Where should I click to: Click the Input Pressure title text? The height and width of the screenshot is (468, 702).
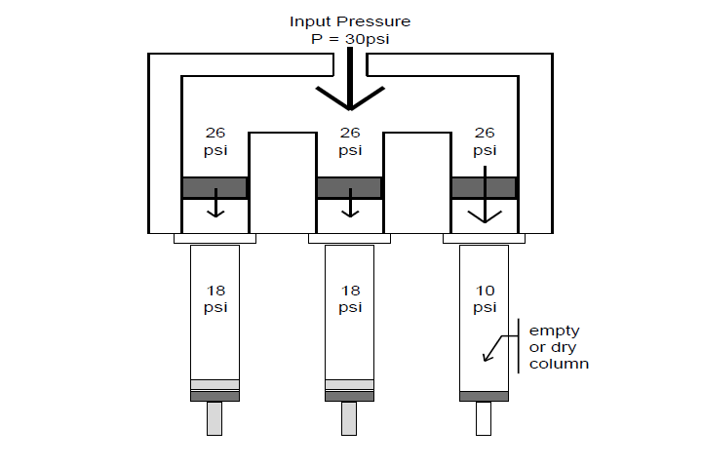(350, 20)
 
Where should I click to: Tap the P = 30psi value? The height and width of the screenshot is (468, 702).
(350, 38)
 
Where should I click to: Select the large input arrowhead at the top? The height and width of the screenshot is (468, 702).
(349, 98)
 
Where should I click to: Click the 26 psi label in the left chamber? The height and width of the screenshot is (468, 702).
(215, 141)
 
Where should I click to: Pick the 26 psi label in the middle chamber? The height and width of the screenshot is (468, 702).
(350, 141)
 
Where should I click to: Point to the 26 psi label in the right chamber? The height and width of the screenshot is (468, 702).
(485, 141)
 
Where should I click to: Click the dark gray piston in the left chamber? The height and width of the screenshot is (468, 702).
(215, 188)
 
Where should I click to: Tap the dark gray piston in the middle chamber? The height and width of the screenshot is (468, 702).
(349, 188)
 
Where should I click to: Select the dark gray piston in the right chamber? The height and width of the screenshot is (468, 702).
(484, 188)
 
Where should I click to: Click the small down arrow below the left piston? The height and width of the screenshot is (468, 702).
(215, 209)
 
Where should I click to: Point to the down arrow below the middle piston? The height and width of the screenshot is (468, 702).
(349, 209)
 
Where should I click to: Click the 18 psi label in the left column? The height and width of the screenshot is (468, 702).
(215, 298)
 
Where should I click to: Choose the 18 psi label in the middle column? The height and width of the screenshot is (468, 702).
(349, 298)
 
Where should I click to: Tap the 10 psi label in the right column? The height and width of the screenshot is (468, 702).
(484, 298)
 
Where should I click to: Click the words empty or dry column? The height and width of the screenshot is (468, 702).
(559, 347)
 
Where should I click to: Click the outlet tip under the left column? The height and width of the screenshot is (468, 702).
(214, 418)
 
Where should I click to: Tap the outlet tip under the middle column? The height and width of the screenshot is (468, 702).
(349, 418)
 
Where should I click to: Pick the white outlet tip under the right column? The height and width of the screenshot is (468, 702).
(484, 418)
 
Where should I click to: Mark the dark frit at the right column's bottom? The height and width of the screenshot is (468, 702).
(484, 396)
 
